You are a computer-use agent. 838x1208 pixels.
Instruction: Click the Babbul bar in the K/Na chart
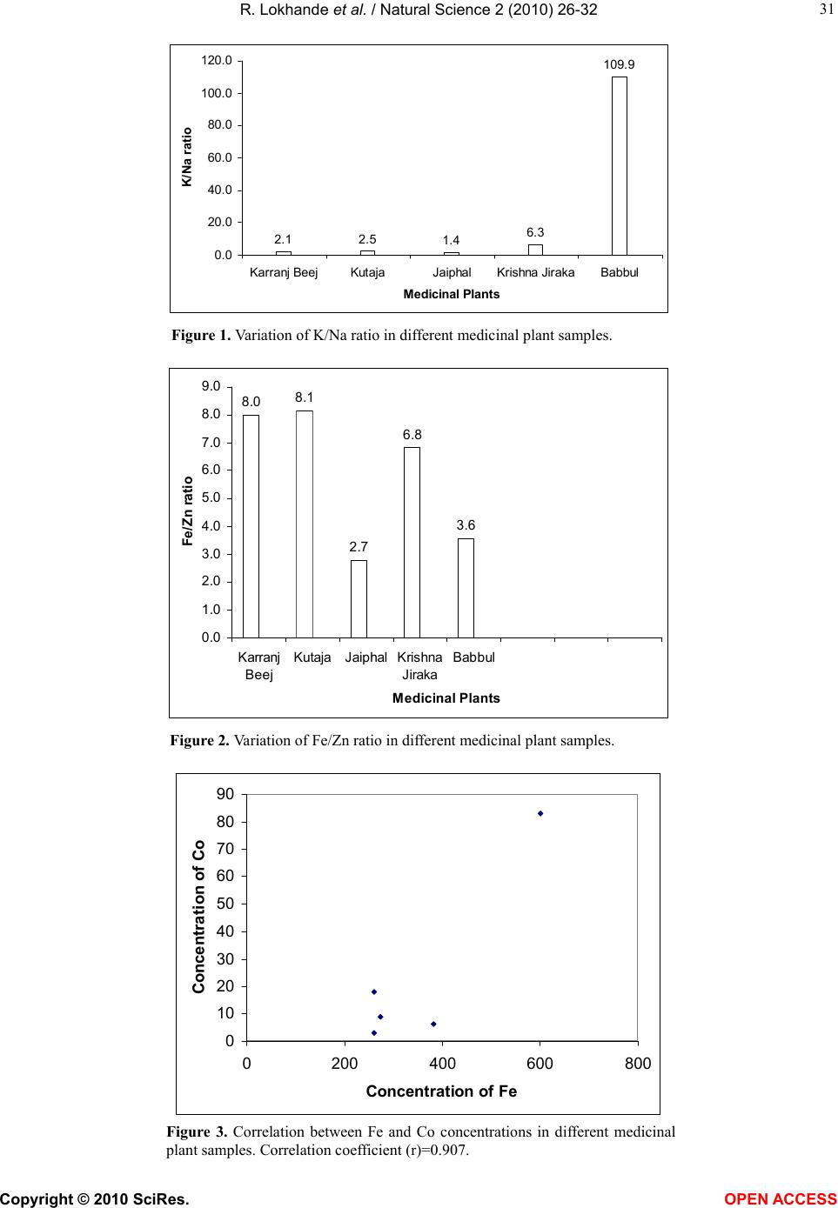click(620, 165)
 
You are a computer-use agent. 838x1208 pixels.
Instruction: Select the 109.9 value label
click(620, 64)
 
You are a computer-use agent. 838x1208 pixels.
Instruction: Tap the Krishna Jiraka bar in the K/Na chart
click(536, 250)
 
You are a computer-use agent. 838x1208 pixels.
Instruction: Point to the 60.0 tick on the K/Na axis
click(219, 157)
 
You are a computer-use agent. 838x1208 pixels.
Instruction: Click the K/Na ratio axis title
click(186, 157)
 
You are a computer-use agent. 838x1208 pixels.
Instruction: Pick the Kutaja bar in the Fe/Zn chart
click(305, 524)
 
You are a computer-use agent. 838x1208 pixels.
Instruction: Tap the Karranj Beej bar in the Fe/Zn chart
click(251, 526)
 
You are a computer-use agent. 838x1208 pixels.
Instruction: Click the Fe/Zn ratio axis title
click(187, 511)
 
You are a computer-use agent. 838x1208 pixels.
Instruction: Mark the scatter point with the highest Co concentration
click(540, 813)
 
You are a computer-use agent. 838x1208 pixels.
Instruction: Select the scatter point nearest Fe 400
click(433, 1024)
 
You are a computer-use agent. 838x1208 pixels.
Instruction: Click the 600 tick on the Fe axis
click(540, 1064)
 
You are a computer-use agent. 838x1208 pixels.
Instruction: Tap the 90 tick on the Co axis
click(225, 794)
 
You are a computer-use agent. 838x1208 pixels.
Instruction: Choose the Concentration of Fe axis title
click(441, 1091)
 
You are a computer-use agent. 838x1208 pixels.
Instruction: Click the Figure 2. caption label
click(200, 741)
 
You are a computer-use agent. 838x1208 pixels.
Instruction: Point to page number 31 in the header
click(827, 9)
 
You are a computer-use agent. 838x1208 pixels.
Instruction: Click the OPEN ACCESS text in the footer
click(781, 1199)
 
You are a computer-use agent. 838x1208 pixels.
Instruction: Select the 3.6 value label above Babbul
click(466, 525)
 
